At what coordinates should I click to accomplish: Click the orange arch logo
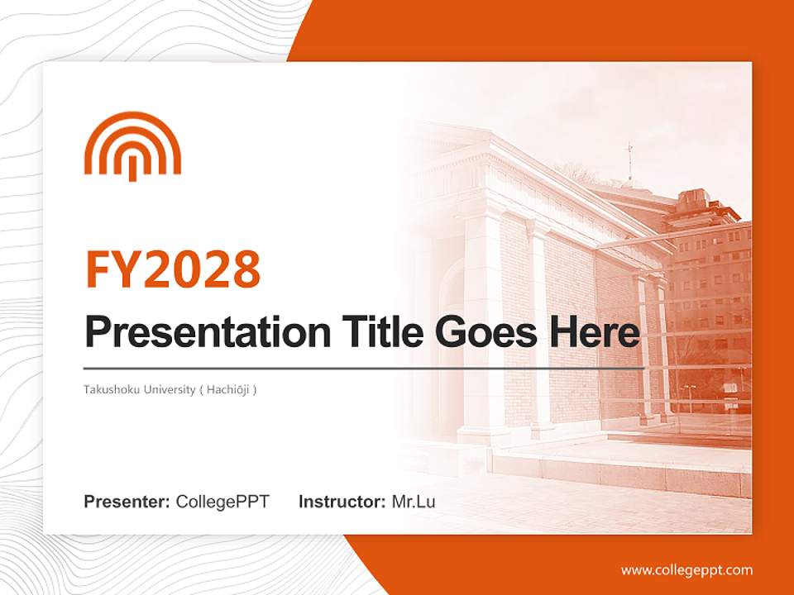(x=132, y=146)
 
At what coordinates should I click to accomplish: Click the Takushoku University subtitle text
(x=170, y=388)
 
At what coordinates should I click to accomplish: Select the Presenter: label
(x=127, y=502)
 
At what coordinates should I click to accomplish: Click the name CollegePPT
(x=222, y=502)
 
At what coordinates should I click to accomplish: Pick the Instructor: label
(x=342, y=502)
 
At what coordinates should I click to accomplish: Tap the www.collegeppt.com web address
(x=686, y=570)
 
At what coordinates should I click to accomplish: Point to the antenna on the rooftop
(x=629, y=161)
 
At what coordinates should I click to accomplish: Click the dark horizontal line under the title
(x=364, y=368)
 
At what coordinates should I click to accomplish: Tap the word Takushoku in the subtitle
(x=110, y=388)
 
